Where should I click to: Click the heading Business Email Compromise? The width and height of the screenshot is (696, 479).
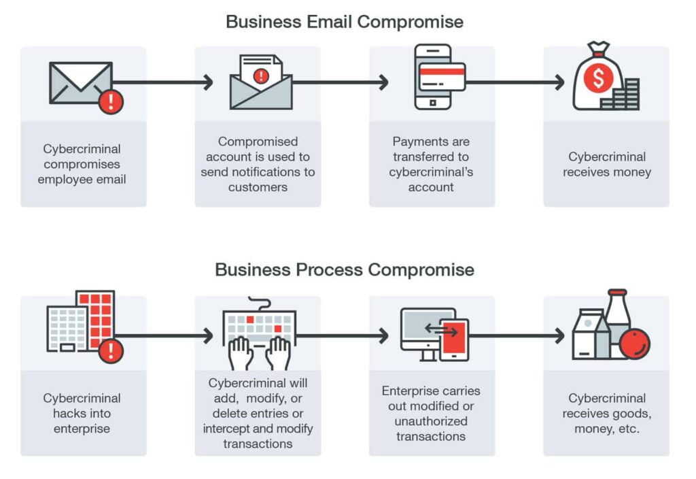coord(345,21)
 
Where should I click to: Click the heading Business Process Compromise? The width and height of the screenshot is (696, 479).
coord(345,269)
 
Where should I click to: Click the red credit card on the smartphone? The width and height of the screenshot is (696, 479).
coord(442,76)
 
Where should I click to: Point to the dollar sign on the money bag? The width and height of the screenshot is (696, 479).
coord(598,79)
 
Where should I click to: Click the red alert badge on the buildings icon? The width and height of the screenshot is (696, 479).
coord(110,351)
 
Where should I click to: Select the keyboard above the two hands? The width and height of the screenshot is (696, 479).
coord(260,323)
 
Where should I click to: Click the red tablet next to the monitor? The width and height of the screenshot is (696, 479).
coord(454,339)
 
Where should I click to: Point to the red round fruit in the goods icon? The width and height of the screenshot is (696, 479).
coord(636,344)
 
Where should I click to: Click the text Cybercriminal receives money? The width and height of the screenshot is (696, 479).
coord(606,165)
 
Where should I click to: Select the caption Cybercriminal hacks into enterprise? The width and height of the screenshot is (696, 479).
coord(82,413)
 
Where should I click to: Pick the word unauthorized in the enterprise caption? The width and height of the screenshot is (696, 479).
coord(431,421)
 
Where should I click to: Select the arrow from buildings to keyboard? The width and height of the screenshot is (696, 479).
coord(167,335)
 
